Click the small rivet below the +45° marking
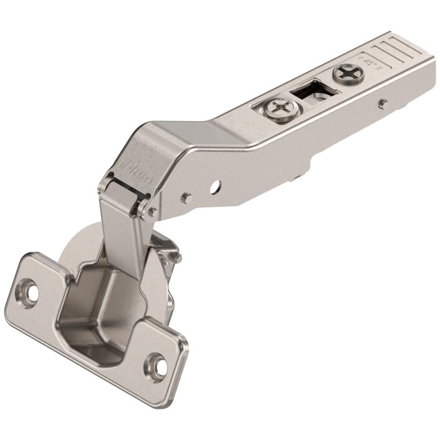tap(384, 103)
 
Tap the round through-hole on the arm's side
tap(216, 186)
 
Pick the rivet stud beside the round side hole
tap(186, 198)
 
